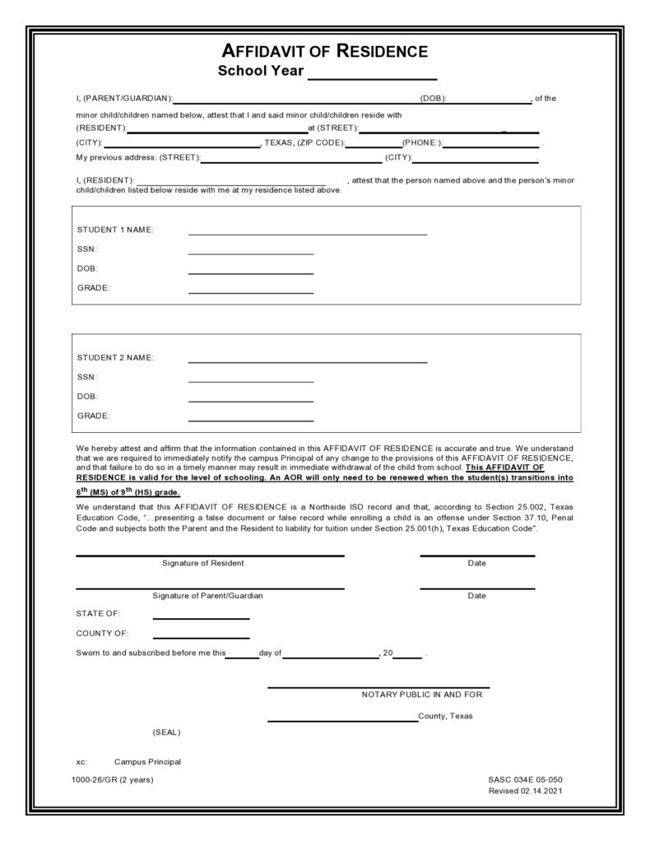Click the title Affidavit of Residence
(325, 52)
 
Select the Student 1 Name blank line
(308, 234)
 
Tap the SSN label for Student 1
(87, 249)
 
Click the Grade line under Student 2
(251, 420)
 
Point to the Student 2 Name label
(115, 358)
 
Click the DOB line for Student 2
(251, 401)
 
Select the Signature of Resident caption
(203, 564)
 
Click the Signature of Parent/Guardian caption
(207, 596)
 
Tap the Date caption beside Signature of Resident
(476, 564)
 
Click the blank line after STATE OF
(201, 618)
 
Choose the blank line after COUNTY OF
(201, 637)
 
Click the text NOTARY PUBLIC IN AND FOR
(422, 695)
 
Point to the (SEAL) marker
(166, 732)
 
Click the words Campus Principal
(147, 762)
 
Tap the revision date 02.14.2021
(541, 791)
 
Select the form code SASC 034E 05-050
(525, 779)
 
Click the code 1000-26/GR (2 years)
(112, 779)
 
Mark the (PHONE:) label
(422, 143)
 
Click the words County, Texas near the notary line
(446, 716)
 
